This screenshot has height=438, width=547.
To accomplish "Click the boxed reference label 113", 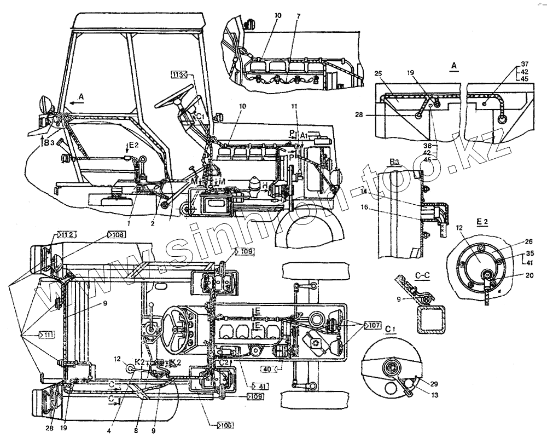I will (x=179, y=74).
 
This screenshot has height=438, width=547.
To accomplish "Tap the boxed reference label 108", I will (x=116, y=234).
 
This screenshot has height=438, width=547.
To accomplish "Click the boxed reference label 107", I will (x=374, y=325).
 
